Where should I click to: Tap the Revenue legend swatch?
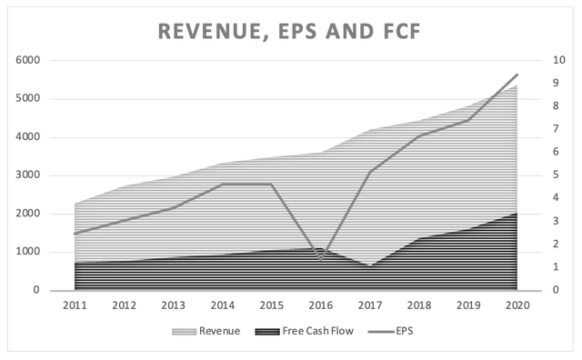click(x=184, y=332)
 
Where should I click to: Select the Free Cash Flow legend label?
click(x=317, y=331)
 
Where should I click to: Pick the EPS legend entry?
click(x=390, y=331)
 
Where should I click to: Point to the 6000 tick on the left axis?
click(x=28, y=60)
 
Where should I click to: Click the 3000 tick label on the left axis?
click(x=28, y=175)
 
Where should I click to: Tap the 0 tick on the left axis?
click(x=36, y=290)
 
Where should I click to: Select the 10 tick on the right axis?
click(x=558, y=60)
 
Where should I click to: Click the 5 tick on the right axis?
click(x=556, y=175)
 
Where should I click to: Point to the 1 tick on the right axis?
click(x=556, y=267)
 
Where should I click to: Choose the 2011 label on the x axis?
click(x=75, y=305)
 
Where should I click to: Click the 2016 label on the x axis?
click(x=321, y=305)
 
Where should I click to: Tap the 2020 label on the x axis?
click(x=517, y=305)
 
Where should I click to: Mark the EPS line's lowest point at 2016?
click(x=321, y=259)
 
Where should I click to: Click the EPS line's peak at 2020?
click(x=517, y=75)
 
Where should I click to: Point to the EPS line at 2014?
click(x=223, y=184)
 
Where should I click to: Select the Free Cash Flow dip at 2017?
click(x=370, y=265)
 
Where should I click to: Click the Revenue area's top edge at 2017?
click(x=370, y=130)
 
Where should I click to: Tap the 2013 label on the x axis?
click(x=174, y=305)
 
